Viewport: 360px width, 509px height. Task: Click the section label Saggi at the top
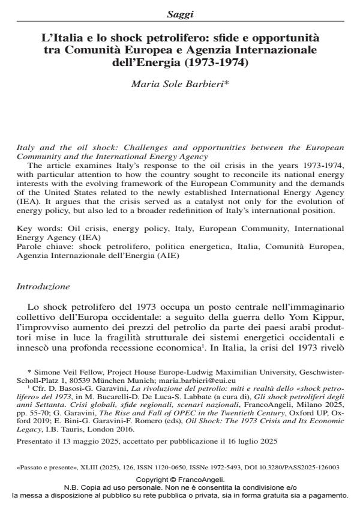click(180, 13)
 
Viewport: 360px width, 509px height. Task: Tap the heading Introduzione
click(43, 287)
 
